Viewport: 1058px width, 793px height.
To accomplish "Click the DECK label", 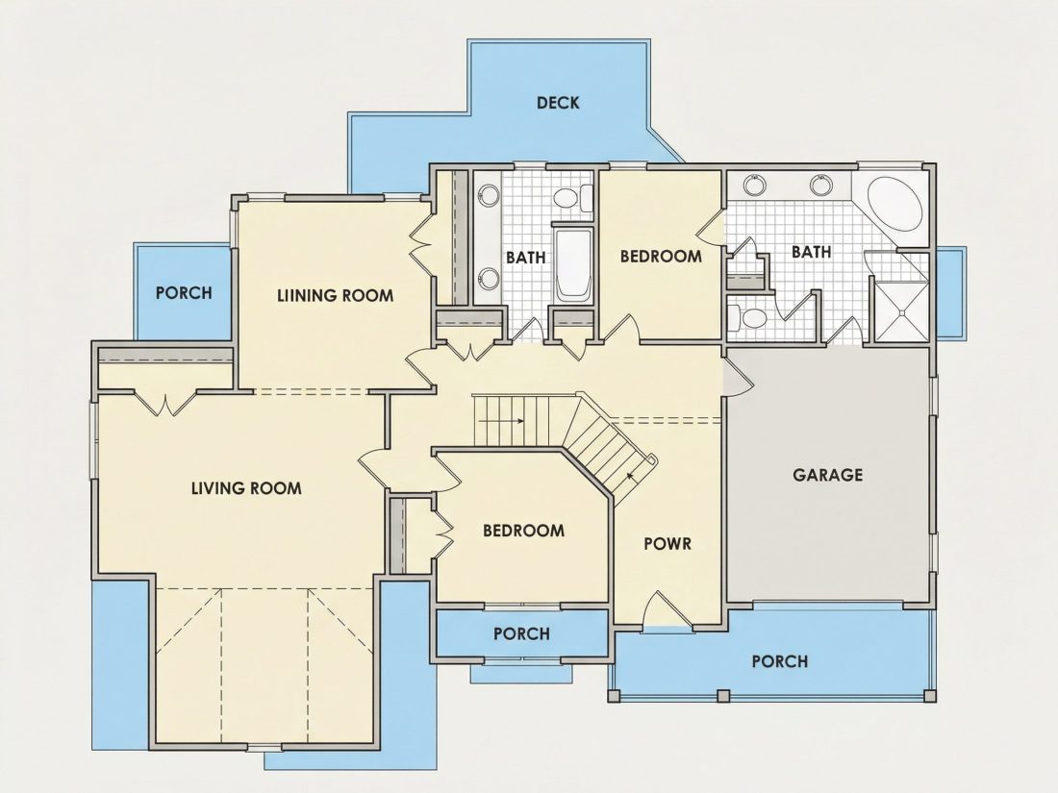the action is click(x=557, y=103).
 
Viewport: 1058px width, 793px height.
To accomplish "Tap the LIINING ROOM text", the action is click(x=336, y=295).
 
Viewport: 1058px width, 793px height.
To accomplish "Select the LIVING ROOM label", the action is click(x=246, y=488).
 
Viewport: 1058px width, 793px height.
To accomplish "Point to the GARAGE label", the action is click(x=827, y=475).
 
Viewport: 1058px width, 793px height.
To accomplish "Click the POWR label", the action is click(x=668, y=543).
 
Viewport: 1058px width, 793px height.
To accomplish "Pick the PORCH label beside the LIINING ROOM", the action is click(x=184, y=293).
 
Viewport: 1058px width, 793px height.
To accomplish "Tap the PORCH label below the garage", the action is click(x=779, y=661).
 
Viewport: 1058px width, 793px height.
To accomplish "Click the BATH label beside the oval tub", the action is click(x=811, y=252).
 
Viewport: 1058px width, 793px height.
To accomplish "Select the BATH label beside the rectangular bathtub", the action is click(x=525, y=257).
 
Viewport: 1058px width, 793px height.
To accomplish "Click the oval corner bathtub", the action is click(x=894, y=205).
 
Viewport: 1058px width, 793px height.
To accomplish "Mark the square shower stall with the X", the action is click(x=901, y=310).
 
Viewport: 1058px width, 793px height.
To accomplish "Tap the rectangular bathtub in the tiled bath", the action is click(x=572, y=264).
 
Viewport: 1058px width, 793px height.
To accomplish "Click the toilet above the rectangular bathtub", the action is click(x=571, y=198).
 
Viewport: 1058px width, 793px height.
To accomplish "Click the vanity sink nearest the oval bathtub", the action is click(x=820, y=185).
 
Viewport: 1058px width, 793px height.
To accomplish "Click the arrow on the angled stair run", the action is click(x=633, y=476).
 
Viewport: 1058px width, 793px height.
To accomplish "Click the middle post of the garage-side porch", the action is click(x=723, y=695).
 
